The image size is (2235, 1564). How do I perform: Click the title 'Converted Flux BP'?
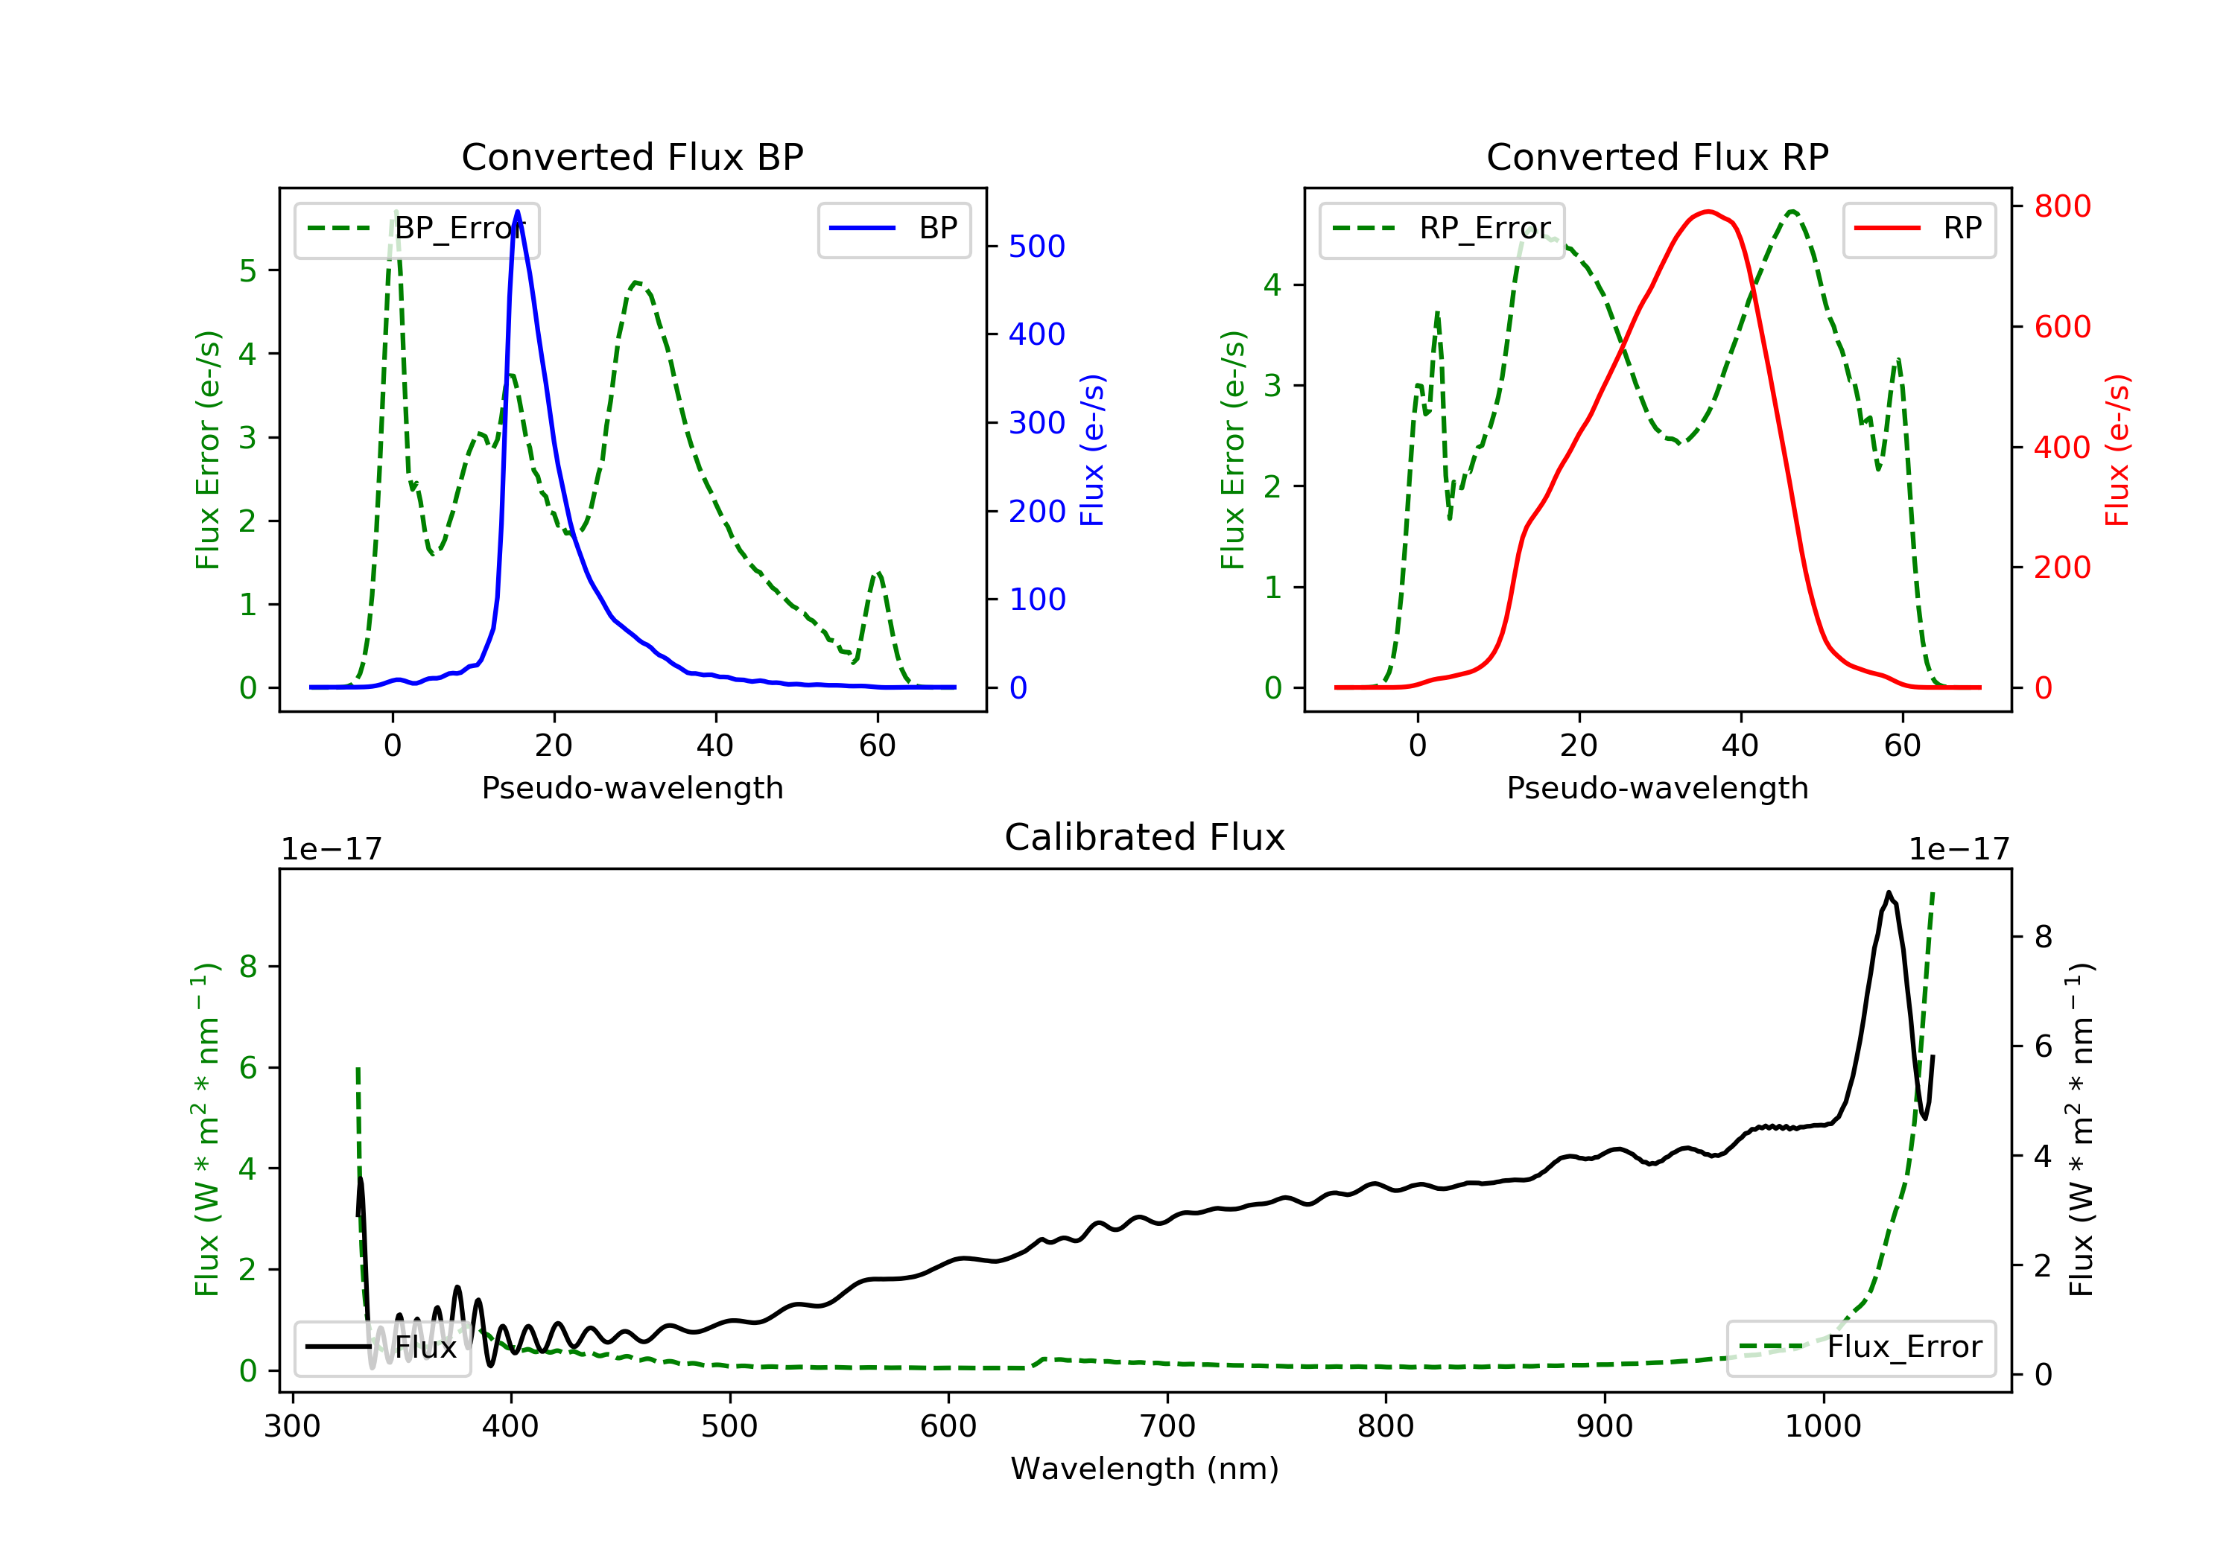pyautogui.click(x=633, y=156)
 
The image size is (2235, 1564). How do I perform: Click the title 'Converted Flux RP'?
pyautogui.click(x=1658, y=156)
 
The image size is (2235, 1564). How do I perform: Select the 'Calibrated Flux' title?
pyautogui.click(x=1145, y=837)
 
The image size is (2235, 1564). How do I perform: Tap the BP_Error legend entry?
pyautogui.click(x=416, y=229)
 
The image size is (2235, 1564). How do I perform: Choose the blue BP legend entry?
pyautogui.click(x=893, y=229)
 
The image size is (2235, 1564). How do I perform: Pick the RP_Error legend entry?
pyautogui.click(x=1442, y=229)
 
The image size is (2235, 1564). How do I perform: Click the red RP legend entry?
pyautogui.click(x=1918, y=229)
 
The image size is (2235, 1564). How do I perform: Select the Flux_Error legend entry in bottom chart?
pyautogui.click(x=1860, y=1347)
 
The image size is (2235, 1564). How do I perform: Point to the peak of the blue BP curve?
pyautogui.click(x=517, y=212)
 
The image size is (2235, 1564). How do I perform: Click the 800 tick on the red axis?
pyautogui.click(x=2061, y=206)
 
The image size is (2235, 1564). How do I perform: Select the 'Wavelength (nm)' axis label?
pyautogui.click(x=1145, y=1468)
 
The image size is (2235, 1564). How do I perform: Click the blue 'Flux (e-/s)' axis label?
pyautogui.click(x=1092, y=450)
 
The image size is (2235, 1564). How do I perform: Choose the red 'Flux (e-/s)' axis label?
pyautogui.click(x=2117, y=450)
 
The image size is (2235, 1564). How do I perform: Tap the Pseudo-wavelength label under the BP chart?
pyautogui.click(x=633, y=787)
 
